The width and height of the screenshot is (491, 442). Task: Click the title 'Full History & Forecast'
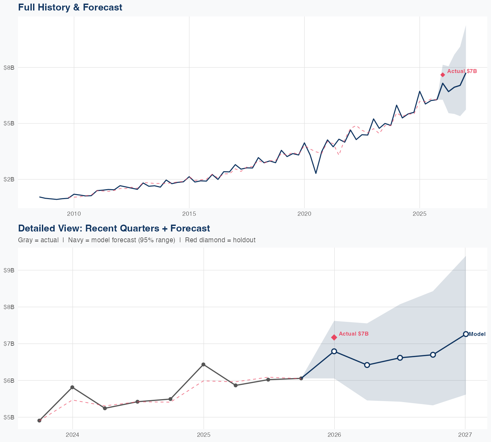tap(70, 7)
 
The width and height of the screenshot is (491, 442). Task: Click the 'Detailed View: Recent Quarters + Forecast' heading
tap(114, 228)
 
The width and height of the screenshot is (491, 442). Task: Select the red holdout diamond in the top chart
tap(443, 75)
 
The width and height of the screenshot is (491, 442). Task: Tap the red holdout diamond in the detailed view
tap(334, 337)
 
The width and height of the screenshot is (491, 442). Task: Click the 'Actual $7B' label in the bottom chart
tap(354, 334)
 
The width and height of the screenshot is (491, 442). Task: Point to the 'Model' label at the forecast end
tap(477, 334)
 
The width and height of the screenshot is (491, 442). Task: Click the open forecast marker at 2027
tap(465, 334)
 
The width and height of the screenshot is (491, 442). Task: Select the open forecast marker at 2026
tap(334, 351)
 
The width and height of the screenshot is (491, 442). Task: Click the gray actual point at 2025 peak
tap(203, 364)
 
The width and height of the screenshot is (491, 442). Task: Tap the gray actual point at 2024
tap(72, 387)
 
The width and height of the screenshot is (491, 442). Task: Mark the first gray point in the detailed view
tap(39, 420)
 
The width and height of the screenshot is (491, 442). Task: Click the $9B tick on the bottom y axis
tap(9, 270)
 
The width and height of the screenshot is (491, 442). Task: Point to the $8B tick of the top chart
tap(9, 67)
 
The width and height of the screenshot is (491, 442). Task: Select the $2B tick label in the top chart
tap(9, 179)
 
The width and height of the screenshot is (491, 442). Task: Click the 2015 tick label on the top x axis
tap(189, 214)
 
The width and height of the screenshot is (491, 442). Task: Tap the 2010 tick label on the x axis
tap(74, 214)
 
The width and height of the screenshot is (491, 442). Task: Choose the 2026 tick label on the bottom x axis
tap(334, 435)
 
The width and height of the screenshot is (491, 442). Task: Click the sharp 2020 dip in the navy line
tap(316, 173)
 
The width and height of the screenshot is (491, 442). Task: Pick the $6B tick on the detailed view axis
tap(9, 380)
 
